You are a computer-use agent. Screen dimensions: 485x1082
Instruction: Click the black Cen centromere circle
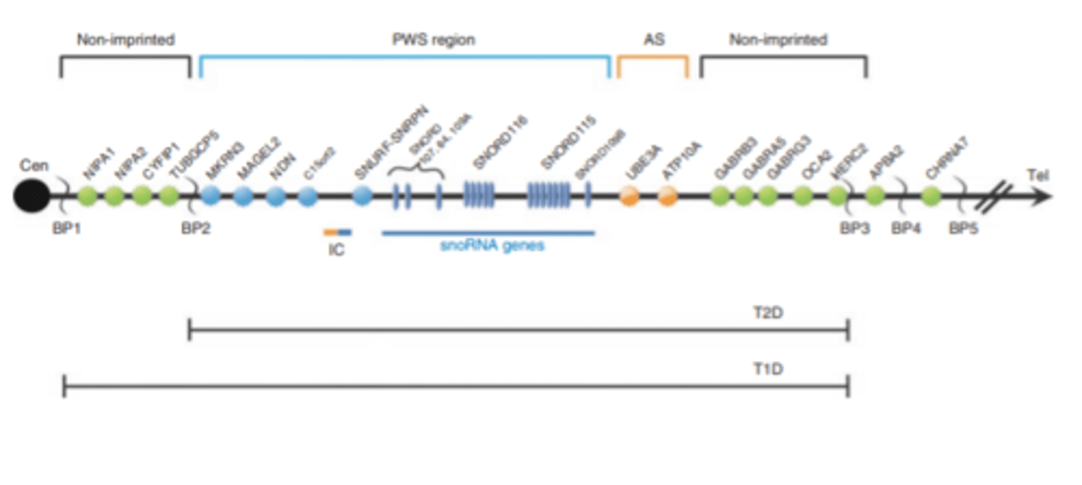[x=32, y=196]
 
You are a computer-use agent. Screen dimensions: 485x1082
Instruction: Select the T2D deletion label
[x=768, y=311]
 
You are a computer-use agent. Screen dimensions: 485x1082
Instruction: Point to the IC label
[x=337, y=250]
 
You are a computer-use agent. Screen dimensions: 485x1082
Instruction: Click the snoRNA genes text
[x=491, y=246]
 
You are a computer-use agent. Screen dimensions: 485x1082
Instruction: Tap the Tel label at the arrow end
[x=1038, y=177]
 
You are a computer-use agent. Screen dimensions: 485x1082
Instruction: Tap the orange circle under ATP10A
[x=667, y=197]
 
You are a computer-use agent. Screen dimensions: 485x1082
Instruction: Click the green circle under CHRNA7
[x=932, y=197]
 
